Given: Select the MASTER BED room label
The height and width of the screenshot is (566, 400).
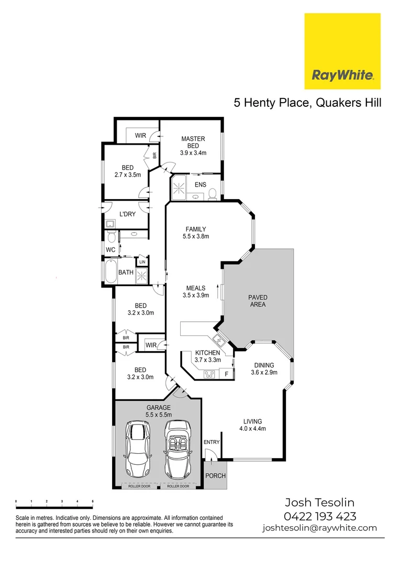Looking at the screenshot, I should click(193, 142).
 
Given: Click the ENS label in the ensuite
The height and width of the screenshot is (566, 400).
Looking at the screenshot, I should click(200, 184).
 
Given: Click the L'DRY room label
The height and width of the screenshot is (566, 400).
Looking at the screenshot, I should click(127, 214).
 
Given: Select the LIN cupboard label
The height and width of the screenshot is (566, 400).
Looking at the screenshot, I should click(142, 262).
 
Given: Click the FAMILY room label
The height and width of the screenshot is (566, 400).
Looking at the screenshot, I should click(195, 229).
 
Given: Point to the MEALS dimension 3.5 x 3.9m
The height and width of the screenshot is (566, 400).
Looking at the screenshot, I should click(195, 296).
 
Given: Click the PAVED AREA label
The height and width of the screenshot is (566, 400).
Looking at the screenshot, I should click(257, 301).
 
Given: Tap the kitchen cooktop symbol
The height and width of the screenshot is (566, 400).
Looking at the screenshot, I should click(209, 374).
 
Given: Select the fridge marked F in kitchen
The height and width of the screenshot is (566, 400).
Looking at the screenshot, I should click(226, 374).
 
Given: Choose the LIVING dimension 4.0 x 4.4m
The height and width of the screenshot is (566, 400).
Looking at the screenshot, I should click(252, 428).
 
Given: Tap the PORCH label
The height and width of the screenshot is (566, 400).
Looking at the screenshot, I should click(215, 476).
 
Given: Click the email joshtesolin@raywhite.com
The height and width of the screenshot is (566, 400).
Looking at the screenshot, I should click(319, 528).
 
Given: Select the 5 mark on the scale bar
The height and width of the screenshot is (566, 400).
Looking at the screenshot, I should click(93, 502).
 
